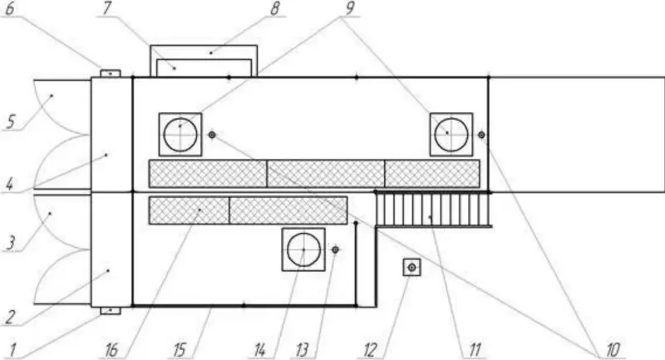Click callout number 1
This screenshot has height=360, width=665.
13,350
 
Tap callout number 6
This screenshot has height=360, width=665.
10,9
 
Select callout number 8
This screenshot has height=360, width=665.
275,8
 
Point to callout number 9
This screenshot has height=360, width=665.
350,8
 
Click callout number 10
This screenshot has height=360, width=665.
613,350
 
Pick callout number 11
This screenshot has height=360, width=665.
475,350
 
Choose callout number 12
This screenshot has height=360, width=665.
370,350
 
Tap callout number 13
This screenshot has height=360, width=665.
302,350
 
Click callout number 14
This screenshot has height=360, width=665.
260,350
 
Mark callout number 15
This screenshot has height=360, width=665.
180,350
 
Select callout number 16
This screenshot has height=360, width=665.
111,350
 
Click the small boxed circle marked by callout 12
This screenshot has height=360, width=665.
411,267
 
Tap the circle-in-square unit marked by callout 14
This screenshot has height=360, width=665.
303,249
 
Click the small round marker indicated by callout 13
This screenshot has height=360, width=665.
336,249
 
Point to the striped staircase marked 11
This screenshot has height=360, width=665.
432,210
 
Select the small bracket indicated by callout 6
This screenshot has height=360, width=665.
111,73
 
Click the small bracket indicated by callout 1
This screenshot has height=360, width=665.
111,310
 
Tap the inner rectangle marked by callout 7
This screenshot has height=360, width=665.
204,68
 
